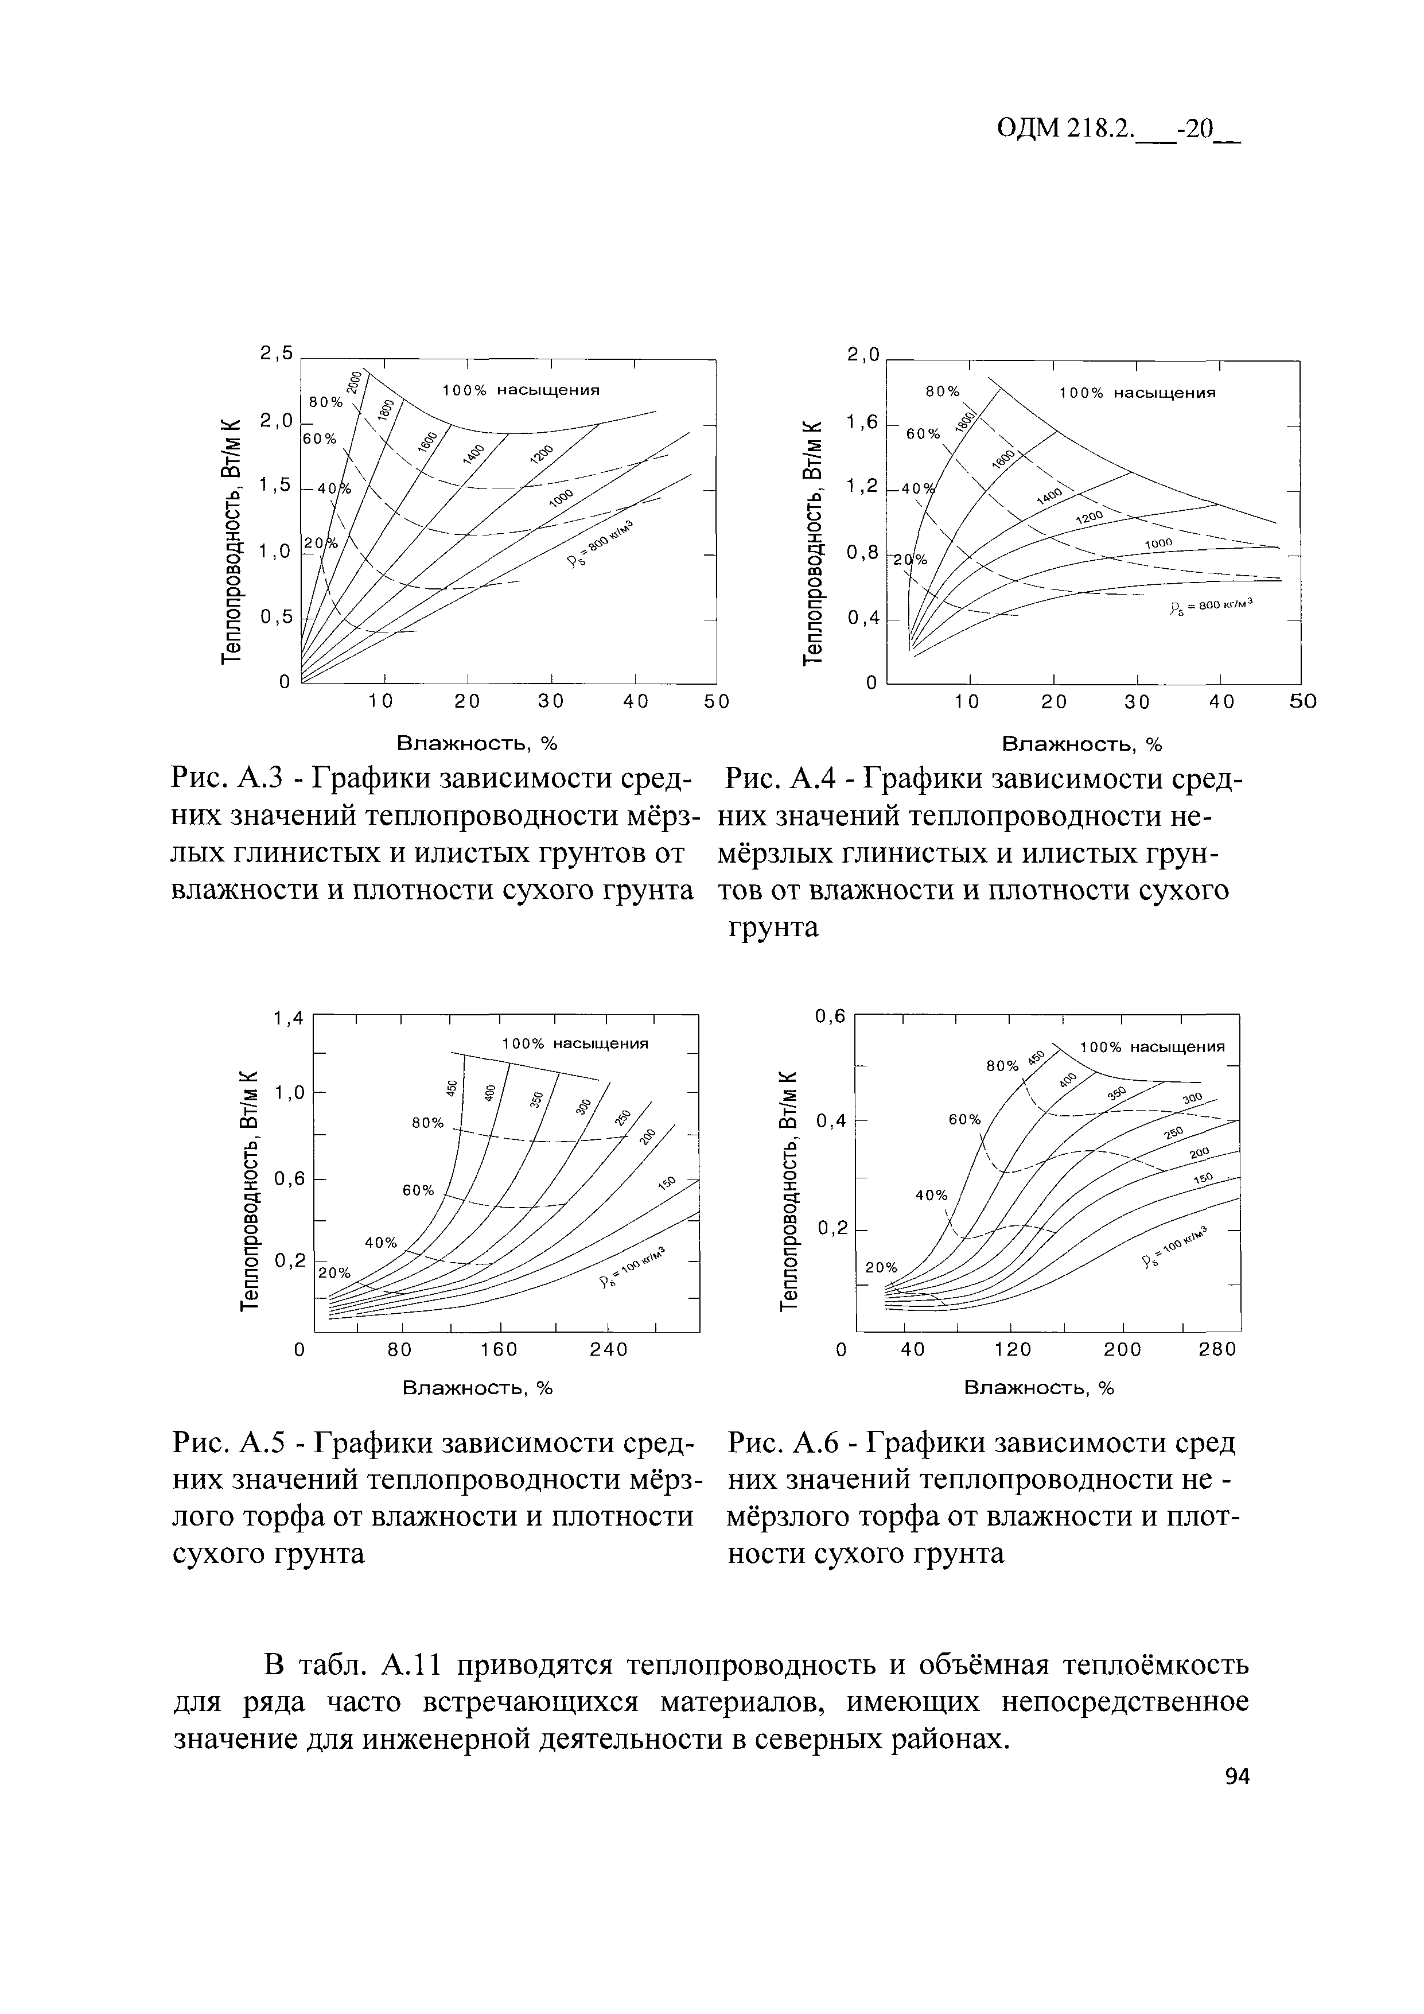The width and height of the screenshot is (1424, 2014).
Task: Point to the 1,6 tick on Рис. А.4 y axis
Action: point(862,423)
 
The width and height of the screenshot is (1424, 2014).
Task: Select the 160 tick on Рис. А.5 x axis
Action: point(499,1349)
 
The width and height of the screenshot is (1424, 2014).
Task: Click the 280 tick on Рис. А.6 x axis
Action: point(1217,1349)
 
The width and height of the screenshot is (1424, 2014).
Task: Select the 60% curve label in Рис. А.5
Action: point(418,1190)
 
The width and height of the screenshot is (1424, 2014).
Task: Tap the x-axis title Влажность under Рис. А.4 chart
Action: point(1081,745)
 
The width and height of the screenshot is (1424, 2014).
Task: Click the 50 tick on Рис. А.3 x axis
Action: point(717,702)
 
